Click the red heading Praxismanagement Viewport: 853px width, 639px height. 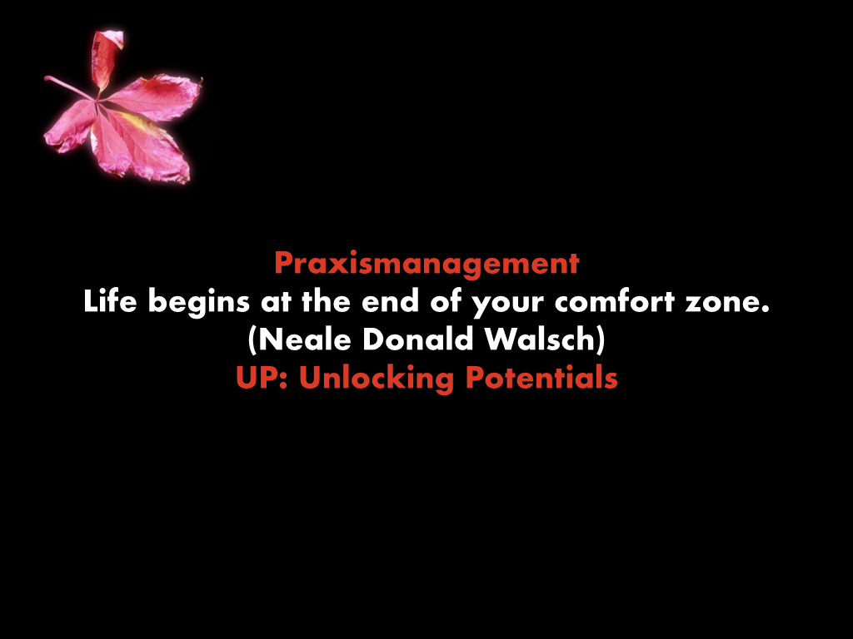(x=427, y=264)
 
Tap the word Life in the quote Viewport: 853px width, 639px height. (x=110, y=300)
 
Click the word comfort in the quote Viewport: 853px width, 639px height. (x=615, y=300)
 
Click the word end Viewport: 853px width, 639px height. (x=390, y=300)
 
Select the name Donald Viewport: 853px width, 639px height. (x=418, y=339)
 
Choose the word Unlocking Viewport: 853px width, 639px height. (x=377, y=379)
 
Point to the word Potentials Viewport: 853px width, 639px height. (x=541, y=377)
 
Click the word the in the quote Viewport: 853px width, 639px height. (x=326, y=300)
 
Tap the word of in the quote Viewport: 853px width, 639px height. (x=445, y=300)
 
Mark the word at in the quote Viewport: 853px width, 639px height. (x=276, y=302)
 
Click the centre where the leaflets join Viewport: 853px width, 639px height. (x=98, y=101)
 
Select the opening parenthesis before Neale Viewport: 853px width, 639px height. (x=252, y=340)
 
